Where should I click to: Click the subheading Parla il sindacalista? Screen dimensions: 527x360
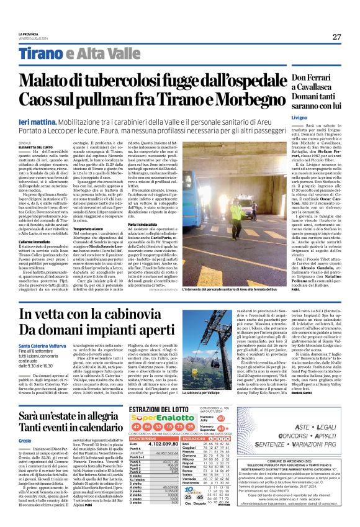tap(171, 223)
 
